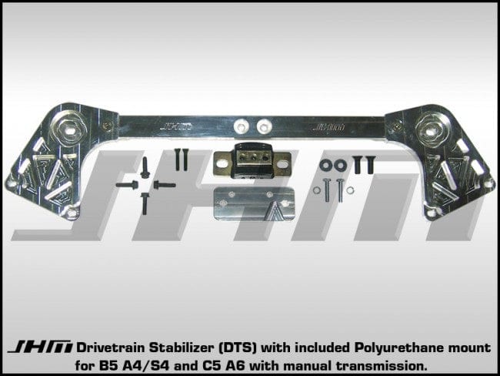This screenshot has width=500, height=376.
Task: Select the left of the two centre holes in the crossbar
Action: tap(242, 126)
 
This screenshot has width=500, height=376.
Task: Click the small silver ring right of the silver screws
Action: tap(352, 191)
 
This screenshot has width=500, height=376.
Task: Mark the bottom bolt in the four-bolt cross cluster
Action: tap(145, 203)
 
